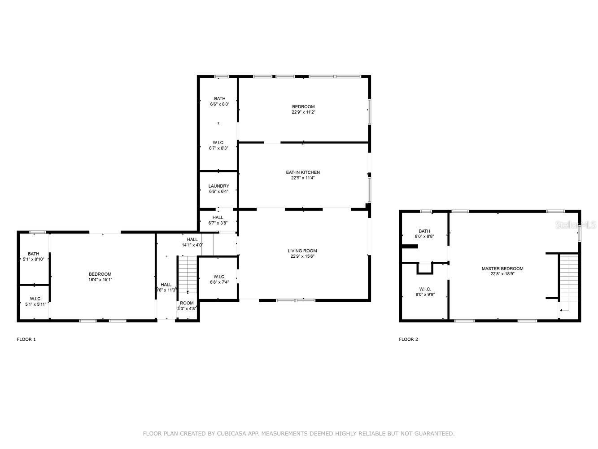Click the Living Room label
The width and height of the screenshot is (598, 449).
tap(302, 251)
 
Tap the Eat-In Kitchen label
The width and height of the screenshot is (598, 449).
tap(303, 172)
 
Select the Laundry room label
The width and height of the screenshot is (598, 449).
tap(219, 186)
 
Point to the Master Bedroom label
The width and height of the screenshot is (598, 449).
tap(502, 269)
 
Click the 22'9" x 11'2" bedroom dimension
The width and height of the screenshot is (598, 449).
tap(303, 112)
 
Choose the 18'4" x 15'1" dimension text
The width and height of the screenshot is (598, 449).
tap(100, 279)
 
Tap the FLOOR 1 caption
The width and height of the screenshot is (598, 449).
tap(26, 339)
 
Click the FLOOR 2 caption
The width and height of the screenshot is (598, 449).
tap(408, 339)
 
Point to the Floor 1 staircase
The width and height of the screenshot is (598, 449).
tap(188, 274)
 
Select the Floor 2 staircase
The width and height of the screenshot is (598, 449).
tap(569, 282)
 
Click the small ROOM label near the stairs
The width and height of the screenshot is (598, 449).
tap(187, 303)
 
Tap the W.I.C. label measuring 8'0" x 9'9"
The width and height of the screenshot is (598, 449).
tap(425, 289)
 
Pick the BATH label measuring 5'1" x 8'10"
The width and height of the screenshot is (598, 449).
tap(34, 254)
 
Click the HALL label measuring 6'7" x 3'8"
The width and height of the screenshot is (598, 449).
tap(218, 217)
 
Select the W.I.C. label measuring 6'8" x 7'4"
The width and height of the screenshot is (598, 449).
tap(219, 277)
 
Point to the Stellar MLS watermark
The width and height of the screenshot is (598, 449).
tap(576, 225)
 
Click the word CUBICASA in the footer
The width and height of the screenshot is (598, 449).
tap(231, 433)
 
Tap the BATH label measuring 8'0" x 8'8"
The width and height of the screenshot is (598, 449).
tap(424, 231)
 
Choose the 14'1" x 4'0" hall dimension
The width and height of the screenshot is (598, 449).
tap(192, 245)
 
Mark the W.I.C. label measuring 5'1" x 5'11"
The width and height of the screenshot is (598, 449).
tap(36, 299)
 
